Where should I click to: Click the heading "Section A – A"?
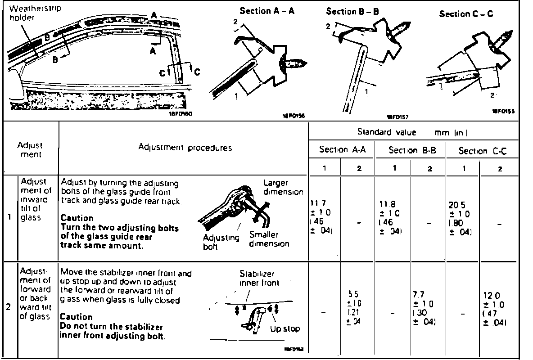[x=267, y=11]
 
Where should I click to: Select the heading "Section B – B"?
[x=353, y=12]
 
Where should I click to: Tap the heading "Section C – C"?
[x=466, y=14]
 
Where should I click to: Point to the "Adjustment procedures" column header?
[x=185, y=148]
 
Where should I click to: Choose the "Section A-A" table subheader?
[x=341, y=150]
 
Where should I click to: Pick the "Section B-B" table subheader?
[x=412, y=151]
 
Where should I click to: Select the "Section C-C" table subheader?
[x=482, y=151]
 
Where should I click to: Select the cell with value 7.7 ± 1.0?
[x=427, y=309]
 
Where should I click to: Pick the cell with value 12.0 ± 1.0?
[x=497, y=309]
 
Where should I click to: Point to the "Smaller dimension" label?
[x=269, y=239]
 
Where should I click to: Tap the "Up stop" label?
[x=285, y=329]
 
